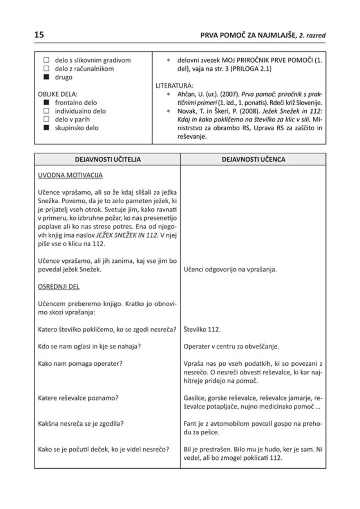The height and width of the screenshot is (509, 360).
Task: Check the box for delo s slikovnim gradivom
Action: (46, 61)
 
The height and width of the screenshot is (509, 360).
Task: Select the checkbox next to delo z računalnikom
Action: (46, 69)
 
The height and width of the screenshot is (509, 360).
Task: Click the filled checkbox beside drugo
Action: (46, 77)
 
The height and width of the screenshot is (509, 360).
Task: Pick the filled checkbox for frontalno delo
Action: (46, 103)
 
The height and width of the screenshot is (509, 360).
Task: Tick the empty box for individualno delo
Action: (46, 111)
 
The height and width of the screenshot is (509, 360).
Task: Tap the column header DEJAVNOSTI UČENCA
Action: (253, 159)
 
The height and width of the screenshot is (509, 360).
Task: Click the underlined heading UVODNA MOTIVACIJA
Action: (70, 175)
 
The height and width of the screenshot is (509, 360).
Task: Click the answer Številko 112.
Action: (202, 330)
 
